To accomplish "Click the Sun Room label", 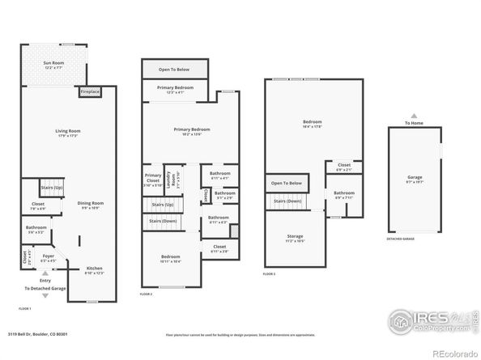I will coord(54,63).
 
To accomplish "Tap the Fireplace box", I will coord(90,91).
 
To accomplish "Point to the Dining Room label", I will coord(90,205).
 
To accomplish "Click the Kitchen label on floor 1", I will coord(95,271).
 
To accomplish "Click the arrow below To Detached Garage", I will coord(45,296).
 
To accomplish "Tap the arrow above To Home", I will coord(413,116).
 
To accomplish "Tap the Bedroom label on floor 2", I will coord(170,258).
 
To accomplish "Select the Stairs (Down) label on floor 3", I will coord(287,201).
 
